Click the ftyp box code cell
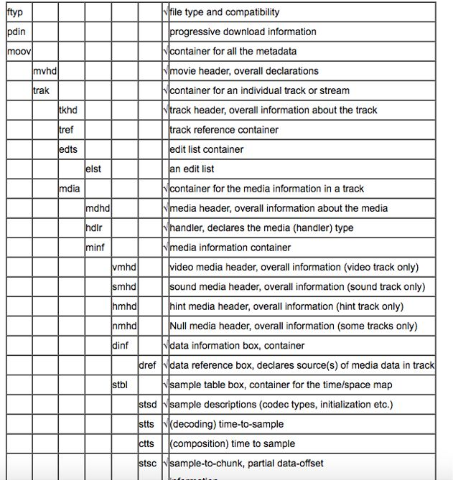pyautogui.click(x=14, y=12)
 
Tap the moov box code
pyautogui.click(x=18, y=52)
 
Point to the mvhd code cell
pyautogui.click(x=45, y=71)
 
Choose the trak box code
pyautogui.click(x=41, y=90)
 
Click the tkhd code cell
pyautogui.click(x=68, y=110)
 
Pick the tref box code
pyautogui.click(x=66, y=130)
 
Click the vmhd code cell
pyautogui.click(x=124, y=267)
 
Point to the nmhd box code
pyautogui.click(x=124, y=326)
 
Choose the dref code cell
pyautogui.click(x=147, y=365)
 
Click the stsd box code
pyautogui.click(x=147, y=405)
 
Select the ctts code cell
pyautogui.click(x=146, y=443)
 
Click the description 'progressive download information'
pyautogui.click(x=242, y=32)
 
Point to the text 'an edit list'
pyautogui.click(x=192, y=169)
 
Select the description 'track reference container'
pyautogui.click(x=223, y=130)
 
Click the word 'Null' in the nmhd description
pyautogui.click(x=179, y=326)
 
